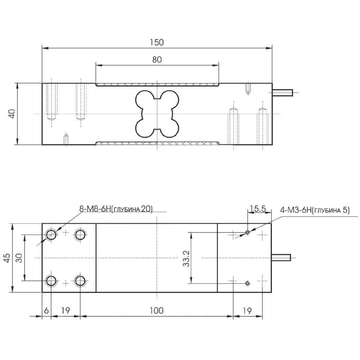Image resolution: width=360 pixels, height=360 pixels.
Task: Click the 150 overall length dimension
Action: click(157, 42)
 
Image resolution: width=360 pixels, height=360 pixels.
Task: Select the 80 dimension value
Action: click(157, 60)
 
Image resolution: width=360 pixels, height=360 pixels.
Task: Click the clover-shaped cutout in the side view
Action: click(157, 114)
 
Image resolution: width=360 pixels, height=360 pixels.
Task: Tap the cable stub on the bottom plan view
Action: click(281, 258)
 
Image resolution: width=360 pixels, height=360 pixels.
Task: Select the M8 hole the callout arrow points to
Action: click(51, 235)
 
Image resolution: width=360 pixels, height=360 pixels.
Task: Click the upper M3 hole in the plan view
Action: click(247, 233)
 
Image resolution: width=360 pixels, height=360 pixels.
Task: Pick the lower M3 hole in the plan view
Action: click(247, 283)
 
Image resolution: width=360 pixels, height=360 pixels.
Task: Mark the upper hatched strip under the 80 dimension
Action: click(157, 85)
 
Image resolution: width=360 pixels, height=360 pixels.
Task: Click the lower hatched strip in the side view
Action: click(157, 143)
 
